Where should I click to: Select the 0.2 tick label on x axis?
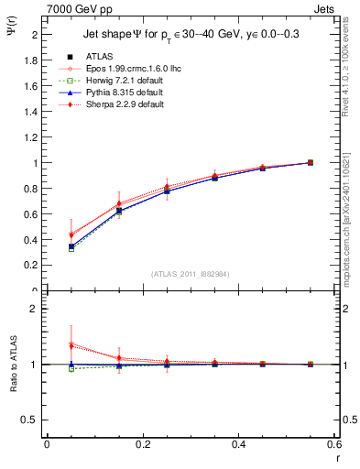click(x=142, y=444)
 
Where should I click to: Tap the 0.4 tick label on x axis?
click(x=238, y=444)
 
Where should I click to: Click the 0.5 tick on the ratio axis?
click(x=33, y=420)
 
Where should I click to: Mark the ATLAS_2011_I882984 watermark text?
click(x=190, y=274)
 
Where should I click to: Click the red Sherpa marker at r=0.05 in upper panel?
click(x=71, y=235)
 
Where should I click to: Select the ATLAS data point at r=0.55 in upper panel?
click(x=311, y=163)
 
